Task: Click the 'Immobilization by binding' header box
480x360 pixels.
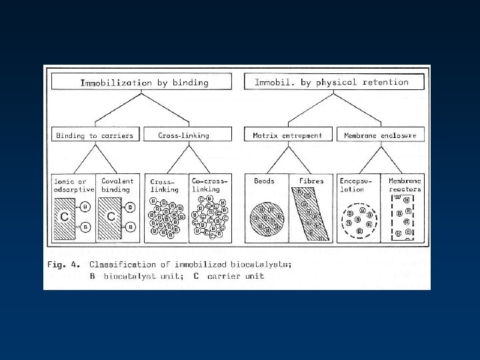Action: [x=144, y=83]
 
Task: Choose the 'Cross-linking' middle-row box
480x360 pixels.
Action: [x=183, y=135]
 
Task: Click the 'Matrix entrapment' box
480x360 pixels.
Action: [x=287, y=135]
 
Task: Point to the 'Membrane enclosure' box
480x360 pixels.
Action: [x=380, y=135]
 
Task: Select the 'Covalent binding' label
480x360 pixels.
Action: [x=117, y=185]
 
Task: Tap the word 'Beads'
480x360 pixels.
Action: [x=265, y=181]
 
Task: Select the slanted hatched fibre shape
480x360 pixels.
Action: [x=310, y=213]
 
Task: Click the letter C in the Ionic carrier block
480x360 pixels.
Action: [x=65, y=217]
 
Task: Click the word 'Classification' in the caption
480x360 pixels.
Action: [x=125, y=265]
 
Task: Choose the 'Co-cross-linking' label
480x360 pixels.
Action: [x=209, y=185]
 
